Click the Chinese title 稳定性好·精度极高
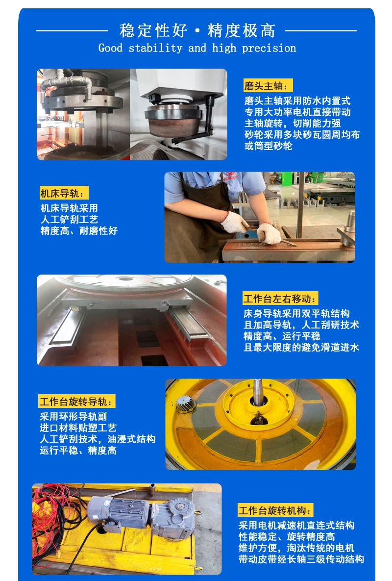point(197,30)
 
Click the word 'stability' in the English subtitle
point(155,48)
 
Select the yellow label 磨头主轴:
point(268,86)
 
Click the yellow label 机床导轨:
point(64,193)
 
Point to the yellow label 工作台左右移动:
point(280,299)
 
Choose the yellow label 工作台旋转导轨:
point(77,401)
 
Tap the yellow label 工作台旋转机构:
point(275,510)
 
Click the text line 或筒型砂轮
point(268,146)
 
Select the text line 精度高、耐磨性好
point(79,231)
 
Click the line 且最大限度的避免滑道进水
point(301,348)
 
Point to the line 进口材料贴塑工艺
point(78,428)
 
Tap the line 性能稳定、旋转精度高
point(287,537)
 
